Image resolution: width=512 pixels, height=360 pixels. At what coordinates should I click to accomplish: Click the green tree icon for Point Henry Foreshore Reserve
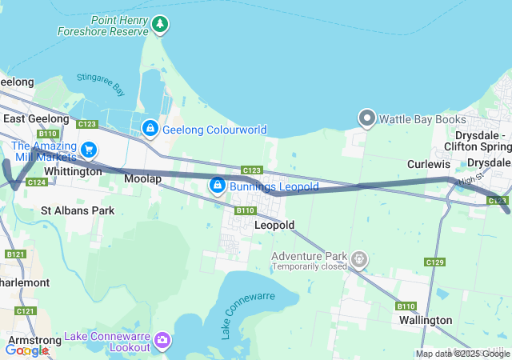(x=162, y=25)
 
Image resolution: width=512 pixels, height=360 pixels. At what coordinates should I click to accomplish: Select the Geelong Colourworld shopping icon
(x=150, y=129)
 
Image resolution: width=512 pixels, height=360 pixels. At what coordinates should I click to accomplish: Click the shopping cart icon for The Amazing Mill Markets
(x=88, y=150)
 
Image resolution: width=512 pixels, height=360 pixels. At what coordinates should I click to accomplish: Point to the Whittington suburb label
(x=74, y=171)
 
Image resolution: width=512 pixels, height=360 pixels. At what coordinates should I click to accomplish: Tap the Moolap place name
(x=142, y=178)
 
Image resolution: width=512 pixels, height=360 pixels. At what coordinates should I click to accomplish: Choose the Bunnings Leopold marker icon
(x=217, y=186)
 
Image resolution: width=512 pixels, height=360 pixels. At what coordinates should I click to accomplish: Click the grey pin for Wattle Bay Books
(x=367, y=119)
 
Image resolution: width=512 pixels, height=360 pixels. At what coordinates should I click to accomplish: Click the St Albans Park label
(x=78, y=210)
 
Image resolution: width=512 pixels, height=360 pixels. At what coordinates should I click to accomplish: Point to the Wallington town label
(x=426, y=320)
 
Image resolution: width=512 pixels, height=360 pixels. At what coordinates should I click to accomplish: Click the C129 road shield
(x=435, y=262)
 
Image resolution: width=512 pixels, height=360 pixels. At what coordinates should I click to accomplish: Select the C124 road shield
(x=36, y=182)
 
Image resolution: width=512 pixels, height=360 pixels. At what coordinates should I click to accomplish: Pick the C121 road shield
(x=26, y=310)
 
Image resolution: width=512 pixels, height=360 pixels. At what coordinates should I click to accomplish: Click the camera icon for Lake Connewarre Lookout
(x=162, y=342)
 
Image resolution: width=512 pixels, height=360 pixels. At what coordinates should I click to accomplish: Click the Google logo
(x=26, y=350)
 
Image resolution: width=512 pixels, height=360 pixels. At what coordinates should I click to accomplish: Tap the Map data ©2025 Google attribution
(x=462, y=354)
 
